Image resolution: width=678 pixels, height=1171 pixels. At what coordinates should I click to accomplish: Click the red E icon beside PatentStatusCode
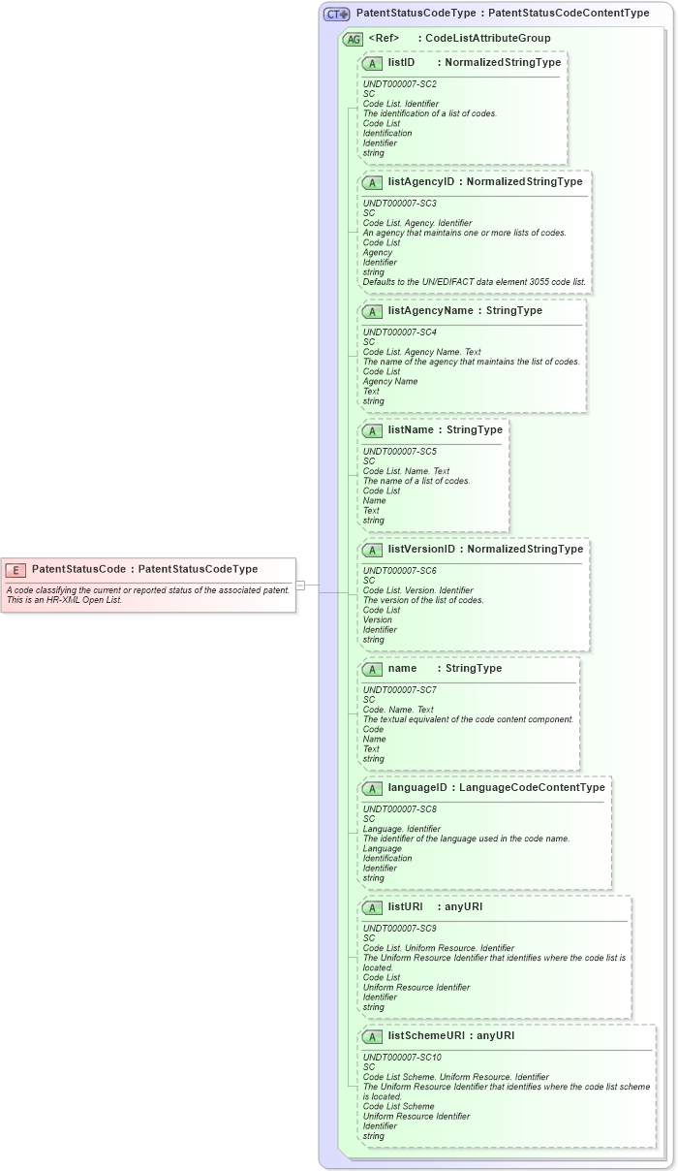(x=15, y=570)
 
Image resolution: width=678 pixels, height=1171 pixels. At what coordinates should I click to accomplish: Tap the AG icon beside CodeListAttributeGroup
(x=354, y=39)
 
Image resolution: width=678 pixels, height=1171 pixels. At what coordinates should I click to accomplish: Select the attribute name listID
(x=401, y=62)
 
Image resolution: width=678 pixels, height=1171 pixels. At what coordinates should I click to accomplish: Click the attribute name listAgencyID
(x=420, y=181)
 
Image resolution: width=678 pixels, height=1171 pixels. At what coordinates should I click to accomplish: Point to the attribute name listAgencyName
(x=430, y=310)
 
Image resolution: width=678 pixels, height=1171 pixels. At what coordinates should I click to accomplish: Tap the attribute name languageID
(x=416, y=787)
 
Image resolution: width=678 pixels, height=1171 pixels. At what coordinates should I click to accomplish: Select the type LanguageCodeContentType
(x=532, y=787)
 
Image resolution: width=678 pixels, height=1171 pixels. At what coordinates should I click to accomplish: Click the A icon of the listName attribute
(x=372, y=430)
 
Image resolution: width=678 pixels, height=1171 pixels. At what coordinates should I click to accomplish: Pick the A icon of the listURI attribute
(x=372, y=907)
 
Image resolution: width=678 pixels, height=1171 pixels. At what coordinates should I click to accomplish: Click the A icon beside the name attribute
(x=372, y=669)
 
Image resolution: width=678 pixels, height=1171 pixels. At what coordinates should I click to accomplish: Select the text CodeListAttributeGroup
(x=487, y=38)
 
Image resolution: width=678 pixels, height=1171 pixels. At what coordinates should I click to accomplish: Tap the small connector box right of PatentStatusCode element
(x=300, y=585)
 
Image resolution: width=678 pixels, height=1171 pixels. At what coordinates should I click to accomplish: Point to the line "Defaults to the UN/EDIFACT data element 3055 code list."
(x=474, y=282)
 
